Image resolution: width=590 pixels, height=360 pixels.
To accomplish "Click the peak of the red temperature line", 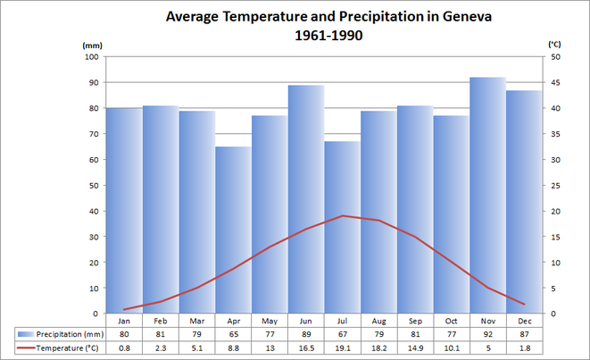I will pyautogui.click(x=342, y=215).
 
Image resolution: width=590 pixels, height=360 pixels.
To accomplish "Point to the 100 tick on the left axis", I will pyautogui.click(x=91, y=56).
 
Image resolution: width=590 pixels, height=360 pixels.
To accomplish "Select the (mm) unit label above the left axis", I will pyautogui.click(x=92, y=44).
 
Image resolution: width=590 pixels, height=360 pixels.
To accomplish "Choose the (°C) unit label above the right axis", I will pyautogui.click(x=554, y=44).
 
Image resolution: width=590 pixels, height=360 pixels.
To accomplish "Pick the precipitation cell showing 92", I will pyautogui.click(x=487, y=333).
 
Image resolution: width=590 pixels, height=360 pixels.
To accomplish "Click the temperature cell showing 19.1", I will pyautogui.click(x=342, y=347).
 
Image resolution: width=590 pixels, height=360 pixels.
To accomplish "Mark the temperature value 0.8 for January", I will pyautogui.click(x=124, y=347).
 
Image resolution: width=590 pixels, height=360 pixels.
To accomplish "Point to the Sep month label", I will pyautogui.click(x=415, y=321).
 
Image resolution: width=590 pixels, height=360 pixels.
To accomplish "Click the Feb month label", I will pyautogui.click(x=161, y=321).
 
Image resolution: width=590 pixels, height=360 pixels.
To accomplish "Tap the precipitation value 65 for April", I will pyautogui.click(x=233, y=333).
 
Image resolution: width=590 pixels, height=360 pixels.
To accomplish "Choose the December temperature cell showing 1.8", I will pyautogui.click(x=524, y=347).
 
